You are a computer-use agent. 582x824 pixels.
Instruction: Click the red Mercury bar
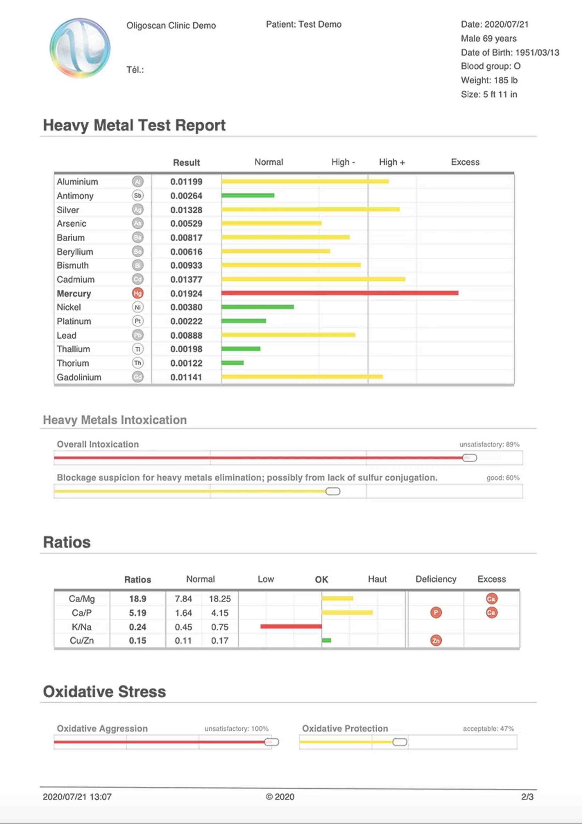click(x=340, y=293)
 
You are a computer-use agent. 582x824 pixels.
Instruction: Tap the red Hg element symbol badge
click(x=138, y=293)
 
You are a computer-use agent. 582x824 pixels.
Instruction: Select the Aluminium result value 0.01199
click(x=186, y=182)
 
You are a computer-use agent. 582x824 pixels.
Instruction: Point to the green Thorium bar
click(x=232, y=363)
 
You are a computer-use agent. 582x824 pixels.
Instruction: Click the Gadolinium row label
click(x=79, y=377)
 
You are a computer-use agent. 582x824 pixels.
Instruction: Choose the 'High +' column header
click(x=392, y=162)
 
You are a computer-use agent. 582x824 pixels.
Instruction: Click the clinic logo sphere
click(x=80, y=48)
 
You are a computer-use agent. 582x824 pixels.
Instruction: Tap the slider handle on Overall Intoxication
click(x=469, y=458)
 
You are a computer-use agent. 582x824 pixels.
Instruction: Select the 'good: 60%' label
click(x=503, y=478)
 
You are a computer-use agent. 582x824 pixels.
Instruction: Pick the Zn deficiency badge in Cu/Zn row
click(x=436, y=640)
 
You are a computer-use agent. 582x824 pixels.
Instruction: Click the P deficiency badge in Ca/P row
click(x=436, y=612)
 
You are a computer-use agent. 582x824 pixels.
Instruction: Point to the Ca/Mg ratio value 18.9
click(x=138, y=599)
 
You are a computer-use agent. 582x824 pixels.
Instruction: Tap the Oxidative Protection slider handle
click(x=399, y=742)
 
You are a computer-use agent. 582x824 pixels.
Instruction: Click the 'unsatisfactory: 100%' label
click(x=236, y=728)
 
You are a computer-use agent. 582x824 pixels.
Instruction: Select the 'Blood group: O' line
click(x=491, y=66)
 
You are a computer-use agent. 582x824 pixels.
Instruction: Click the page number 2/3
click(x=527, y=797)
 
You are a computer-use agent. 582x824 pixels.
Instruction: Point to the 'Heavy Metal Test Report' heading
click(x=134, y=125)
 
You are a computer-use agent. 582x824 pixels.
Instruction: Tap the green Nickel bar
click(x=258, y=307)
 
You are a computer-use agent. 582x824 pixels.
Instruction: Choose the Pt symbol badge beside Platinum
click(x=138, y=321)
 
